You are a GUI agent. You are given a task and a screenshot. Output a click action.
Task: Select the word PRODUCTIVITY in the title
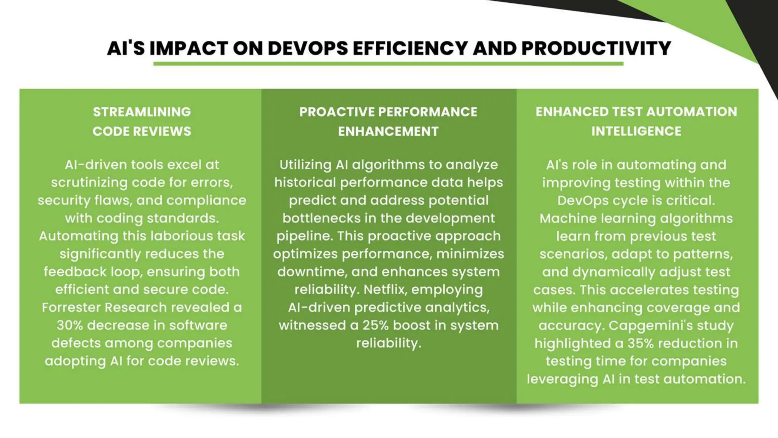point(596,48)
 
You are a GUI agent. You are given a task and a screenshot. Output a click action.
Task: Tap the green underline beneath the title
point(388,64)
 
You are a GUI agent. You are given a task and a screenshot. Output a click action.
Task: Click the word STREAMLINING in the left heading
point(142,112)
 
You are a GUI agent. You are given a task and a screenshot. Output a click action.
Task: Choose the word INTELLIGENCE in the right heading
point(636,131)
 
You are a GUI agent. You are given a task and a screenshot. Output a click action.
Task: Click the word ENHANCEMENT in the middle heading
point(388,131)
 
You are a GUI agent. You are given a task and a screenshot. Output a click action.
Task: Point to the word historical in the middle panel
point(305,182)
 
